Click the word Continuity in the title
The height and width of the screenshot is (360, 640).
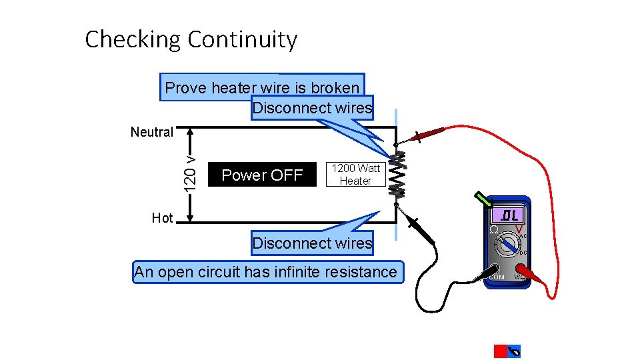pos(242,39)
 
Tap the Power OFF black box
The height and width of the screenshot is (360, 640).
pos(262,175)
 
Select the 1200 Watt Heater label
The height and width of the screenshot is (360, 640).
pos(355,175)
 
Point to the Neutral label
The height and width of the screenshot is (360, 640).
pos(152,132)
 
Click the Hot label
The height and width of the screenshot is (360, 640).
pos(162,218)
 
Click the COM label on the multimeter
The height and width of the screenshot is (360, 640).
pos(497,277)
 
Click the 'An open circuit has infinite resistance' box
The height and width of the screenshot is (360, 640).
pos(268,272)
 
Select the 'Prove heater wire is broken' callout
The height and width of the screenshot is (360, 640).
pos(262,87)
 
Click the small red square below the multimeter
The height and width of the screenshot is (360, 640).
pos(500,351)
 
